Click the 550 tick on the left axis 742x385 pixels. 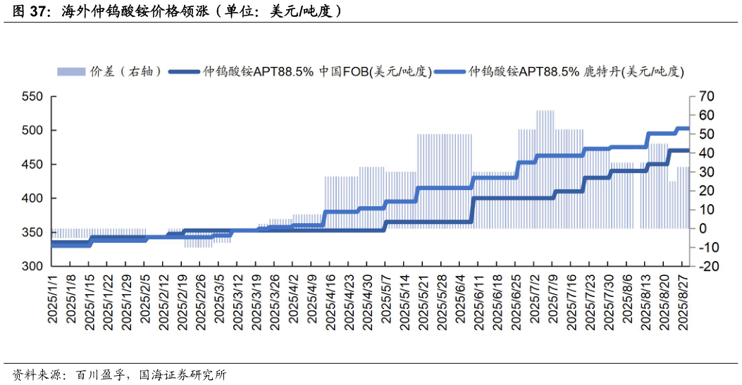pyautogui.click(x=34, y=96)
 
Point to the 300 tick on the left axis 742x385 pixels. pyautogui.click(x=34, y=266)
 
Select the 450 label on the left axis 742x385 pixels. pyautogui.click(x=34, y=165)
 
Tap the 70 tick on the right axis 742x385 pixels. pyautogui.click(x=707, y=96)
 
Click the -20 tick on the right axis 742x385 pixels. pyautogui.click(x=706, y=266)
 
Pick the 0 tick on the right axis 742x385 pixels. pyautogui.click(x=703, y=228)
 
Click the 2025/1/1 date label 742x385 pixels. pyautogui.click(x=52, y=299)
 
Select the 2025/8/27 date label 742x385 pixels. pyautogui.click(x=682, y=299)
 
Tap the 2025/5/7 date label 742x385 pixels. pyautogui.click(x=385, y=299)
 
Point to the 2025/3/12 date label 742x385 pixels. pyautogui.click(x=237, y=299)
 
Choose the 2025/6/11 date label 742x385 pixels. pyautogui.click(x=478, y=299)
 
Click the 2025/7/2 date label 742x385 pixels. pyautogui.click(x=533, y=299)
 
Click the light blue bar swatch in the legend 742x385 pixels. pyautogui.click(x=70, y=71)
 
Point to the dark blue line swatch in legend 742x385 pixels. pyautogui.click(x=185, y=71)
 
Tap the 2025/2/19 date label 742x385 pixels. pyautogui.click(x=182, y=299)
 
